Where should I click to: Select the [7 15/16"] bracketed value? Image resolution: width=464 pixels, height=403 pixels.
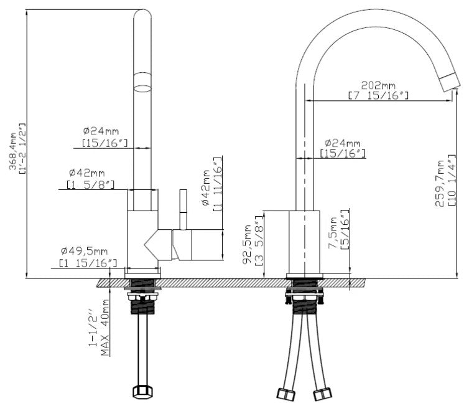click(x=378, y=96)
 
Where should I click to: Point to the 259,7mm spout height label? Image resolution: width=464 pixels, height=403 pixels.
click(x=439, y=183)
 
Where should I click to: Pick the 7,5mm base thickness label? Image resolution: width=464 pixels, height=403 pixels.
click(x=333, y=232)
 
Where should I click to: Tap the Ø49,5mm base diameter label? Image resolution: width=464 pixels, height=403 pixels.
click(x=85, y=252)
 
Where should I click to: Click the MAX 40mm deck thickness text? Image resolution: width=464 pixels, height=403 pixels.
click(x=104, y=328)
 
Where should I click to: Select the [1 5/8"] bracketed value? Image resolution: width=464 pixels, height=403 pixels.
click(x=90, y=184)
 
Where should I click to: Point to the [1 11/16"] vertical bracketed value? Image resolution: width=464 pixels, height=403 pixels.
click(x=218, y=184)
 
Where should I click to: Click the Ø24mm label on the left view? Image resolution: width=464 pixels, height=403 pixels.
click(x=101, y=131)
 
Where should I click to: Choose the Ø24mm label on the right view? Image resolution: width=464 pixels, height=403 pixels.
click(x=343, y=143)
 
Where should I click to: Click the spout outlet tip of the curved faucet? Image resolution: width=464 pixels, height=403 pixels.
click(x=450, y=81)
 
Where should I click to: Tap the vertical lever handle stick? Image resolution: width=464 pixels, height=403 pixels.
click(x=183, y=209)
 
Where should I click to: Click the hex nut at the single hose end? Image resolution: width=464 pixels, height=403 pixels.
click(x=142, y=391)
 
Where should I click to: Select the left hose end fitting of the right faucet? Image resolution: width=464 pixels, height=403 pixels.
click(x=285, y=394)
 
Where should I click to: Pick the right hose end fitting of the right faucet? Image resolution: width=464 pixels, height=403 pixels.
click(x=323, y=394)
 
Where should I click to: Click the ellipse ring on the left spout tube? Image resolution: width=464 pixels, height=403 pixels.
click(x=142, y=88)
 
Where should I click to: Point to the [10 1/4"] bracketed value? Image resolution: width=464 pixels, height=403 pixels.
click(x=452, y=180)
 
